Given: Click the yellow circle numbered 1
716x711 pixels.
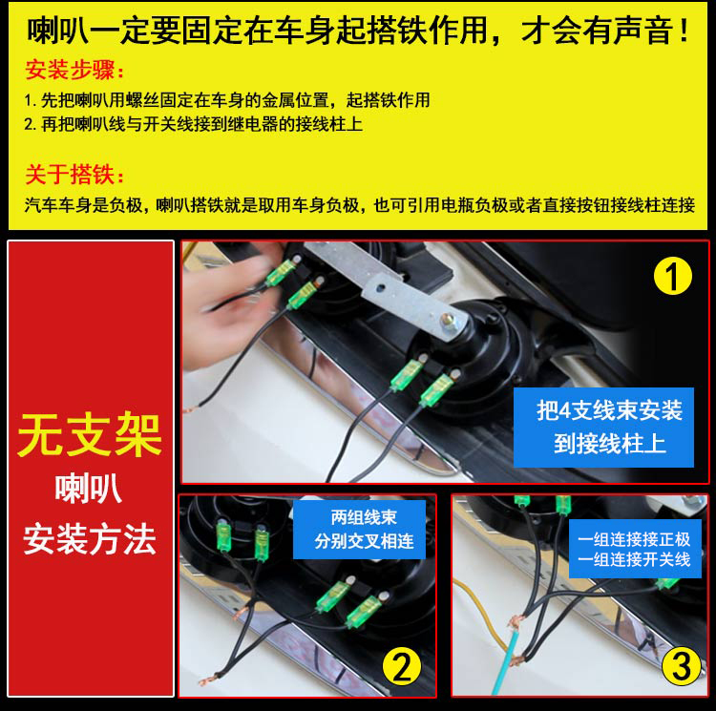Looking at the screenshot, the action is coord(673,276).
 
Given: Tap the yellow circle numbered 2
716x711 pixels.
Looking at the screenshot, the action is coord(402,668).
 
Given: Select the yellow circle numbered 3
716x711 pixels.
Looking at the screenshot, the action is coord(682,666).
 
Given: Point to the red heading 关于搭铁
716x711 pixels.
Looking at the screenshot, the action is coord(74,175).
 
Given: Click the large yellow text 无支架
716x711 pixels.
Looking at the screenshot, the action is coord(90,435).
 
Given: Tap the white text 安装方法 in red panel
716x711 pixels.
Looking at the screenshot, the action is coord(90,539).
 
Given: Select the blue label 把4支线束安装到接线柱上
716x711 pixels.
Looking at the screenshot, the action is coord(603,428).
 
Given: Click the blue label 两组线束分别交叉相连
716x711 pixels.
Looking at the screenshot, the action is coord(359,530).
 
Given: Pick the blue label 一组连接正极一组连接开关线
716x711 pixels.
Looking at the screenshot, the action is coord(635,549).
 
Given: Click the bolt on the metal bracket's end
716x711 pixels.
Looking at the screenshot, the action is coord(450,320).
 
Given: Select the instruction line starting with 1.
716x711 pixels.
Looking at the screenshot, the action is coord(227,100).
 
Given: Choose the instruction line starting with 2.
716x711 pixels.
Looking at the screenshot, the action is coord(194,124).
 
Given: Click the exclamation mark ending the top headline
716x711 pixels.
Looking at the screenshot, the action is coord(684,31).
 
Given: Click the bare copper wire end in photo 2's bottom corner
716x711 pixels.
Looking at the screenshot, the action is coord(207,680).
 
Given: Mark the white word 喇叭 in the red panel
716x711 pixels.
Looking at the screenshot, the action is coord(89,489).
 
